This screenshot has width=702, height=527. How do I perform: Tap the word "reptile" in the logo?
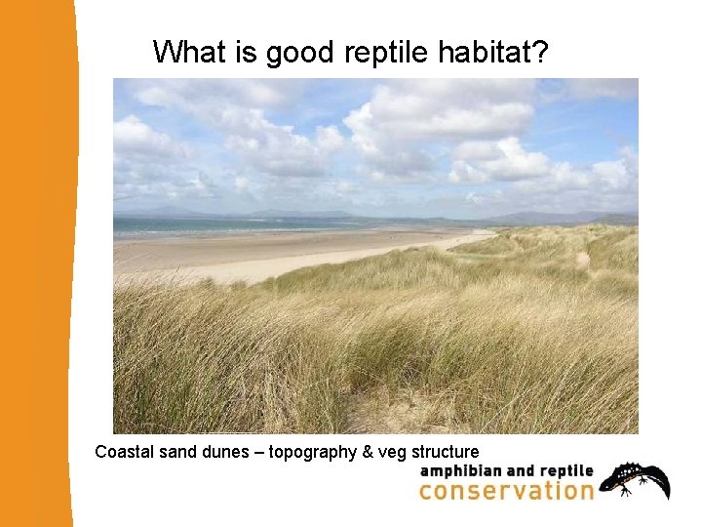564,471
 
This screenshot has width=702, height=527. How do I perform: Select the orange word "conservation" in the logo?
506,490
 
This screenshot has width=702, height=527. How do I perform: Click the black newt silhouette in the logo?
635,479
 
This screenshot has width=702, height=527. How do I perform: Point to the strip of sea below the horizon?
244,224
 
